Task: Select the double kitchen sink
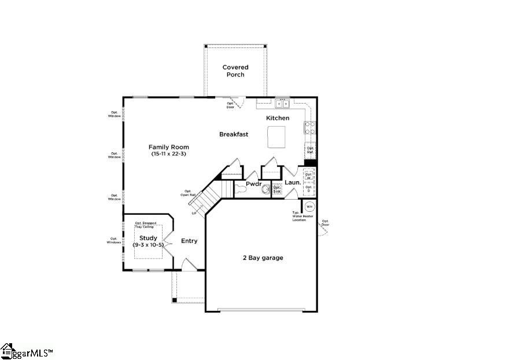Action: point(282,104)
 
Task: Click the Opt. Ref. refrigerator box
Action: point(311,150)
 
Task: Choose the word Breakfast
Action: point(234,134)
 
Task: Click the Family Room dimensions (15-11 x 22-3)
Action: point(168,155)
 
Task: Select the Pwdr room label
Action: point(254,183)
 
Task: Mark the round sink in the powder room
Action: point(266,189)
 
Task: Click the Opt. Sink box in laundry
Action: point(277,189)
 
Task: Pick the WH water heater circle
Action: point(309,206)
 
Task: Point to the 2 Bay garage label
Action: point(263,258)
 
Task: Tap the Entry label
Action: point(189,241)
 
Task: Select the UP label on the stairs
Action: point(194,214)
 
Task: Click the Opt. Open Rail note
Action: point(188,193)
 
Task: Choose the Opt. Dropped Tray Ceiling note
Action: point(146,225)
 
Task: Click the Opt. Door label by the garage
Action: point(326,223)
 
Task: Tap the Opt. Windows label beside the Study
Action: point(114,241)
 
